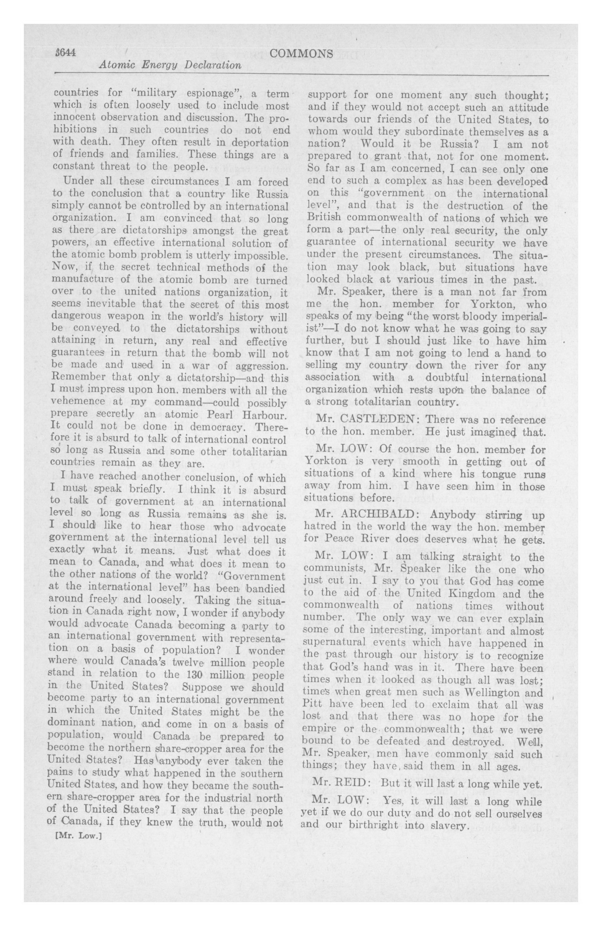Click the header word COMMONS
301,54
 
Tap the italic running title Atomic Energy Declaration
170,65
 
